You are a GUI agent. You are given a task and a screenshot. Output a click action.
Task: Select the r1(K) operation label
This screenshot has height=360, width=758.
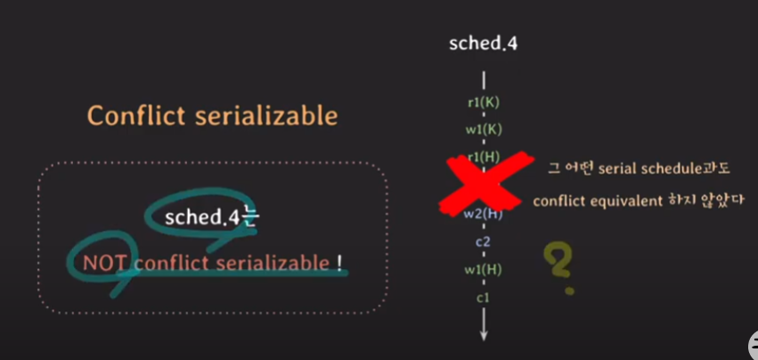[x=484, y=102]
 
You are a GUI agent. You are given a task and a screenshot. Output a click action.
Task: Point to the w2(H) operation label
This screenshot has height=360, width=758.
[x=484, y=213]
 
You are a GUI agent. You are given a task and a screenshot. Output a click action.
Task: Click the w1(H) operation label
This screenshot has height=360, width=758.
[x=484, y=269]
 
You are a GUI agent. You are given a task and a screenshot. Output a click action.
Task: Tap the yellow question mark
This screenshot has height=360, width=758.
[x=558, y=266]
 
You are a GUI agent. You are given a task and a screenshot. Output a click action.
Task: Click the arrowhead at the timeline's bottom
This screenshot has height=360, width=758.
[x=484, y=333]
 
